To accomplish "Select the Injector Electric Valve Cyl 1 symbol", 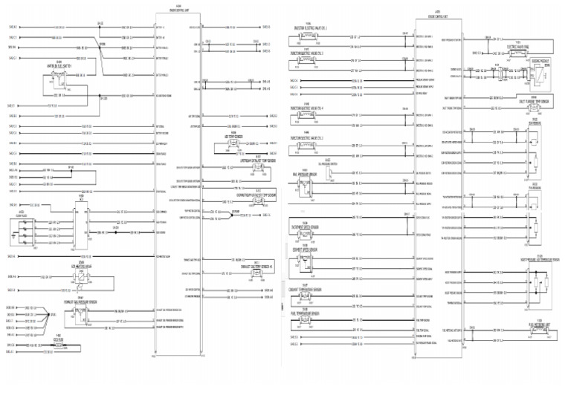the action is point(306,36).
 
